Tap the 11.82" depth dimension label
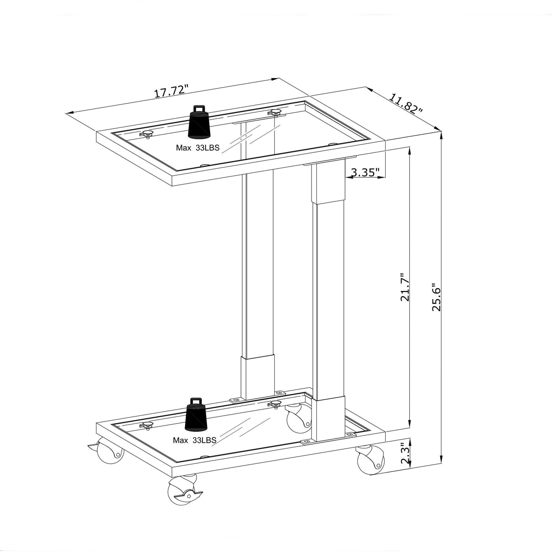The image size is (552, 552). [406, 104]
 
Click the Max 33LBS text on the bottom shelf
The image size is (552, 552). [194, 440]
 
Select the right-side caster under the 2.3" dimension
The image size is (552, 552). [370, 460]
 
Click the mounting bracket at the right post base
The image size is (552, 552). [307, 442]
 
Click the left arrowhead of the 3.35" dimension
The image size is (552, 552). [348, 178]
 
